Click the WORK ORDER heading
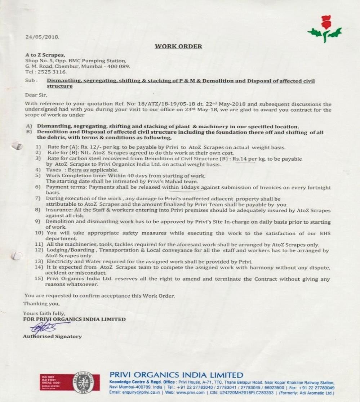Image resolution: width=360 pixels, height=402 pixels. pyautogui.click(x=178, y=46)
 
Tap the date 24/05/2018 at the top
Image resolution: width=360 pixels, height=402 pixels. pyautogui.click(x=42, y=37)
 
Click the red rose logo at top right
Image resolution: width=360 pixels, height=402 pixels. pyautogui.click(x=325, y=29)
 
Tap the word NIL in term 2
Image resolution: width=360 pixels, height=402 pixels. pyautogui.click(x=89, y=153)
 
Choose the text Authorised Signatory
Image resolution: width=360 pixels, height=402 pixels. pyautogui.click(x=52, y=336)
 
